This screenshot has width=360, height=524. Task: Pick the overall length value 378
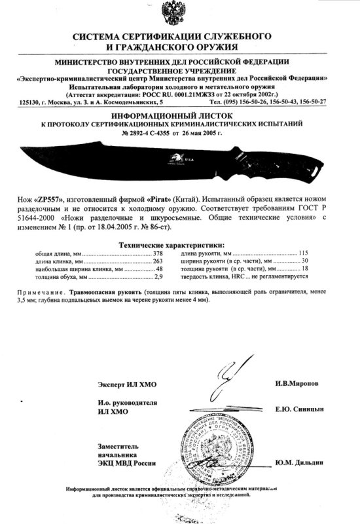pos(158,252)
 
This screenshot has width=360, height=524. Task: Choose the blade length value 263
pos(158,260)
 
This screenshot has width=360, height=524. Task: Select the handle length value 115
pos(303,252)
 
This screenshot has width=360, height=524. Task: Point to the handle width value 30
pos(304,260)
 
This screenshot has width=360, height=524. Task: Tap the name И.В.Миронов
pos(297,383)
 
